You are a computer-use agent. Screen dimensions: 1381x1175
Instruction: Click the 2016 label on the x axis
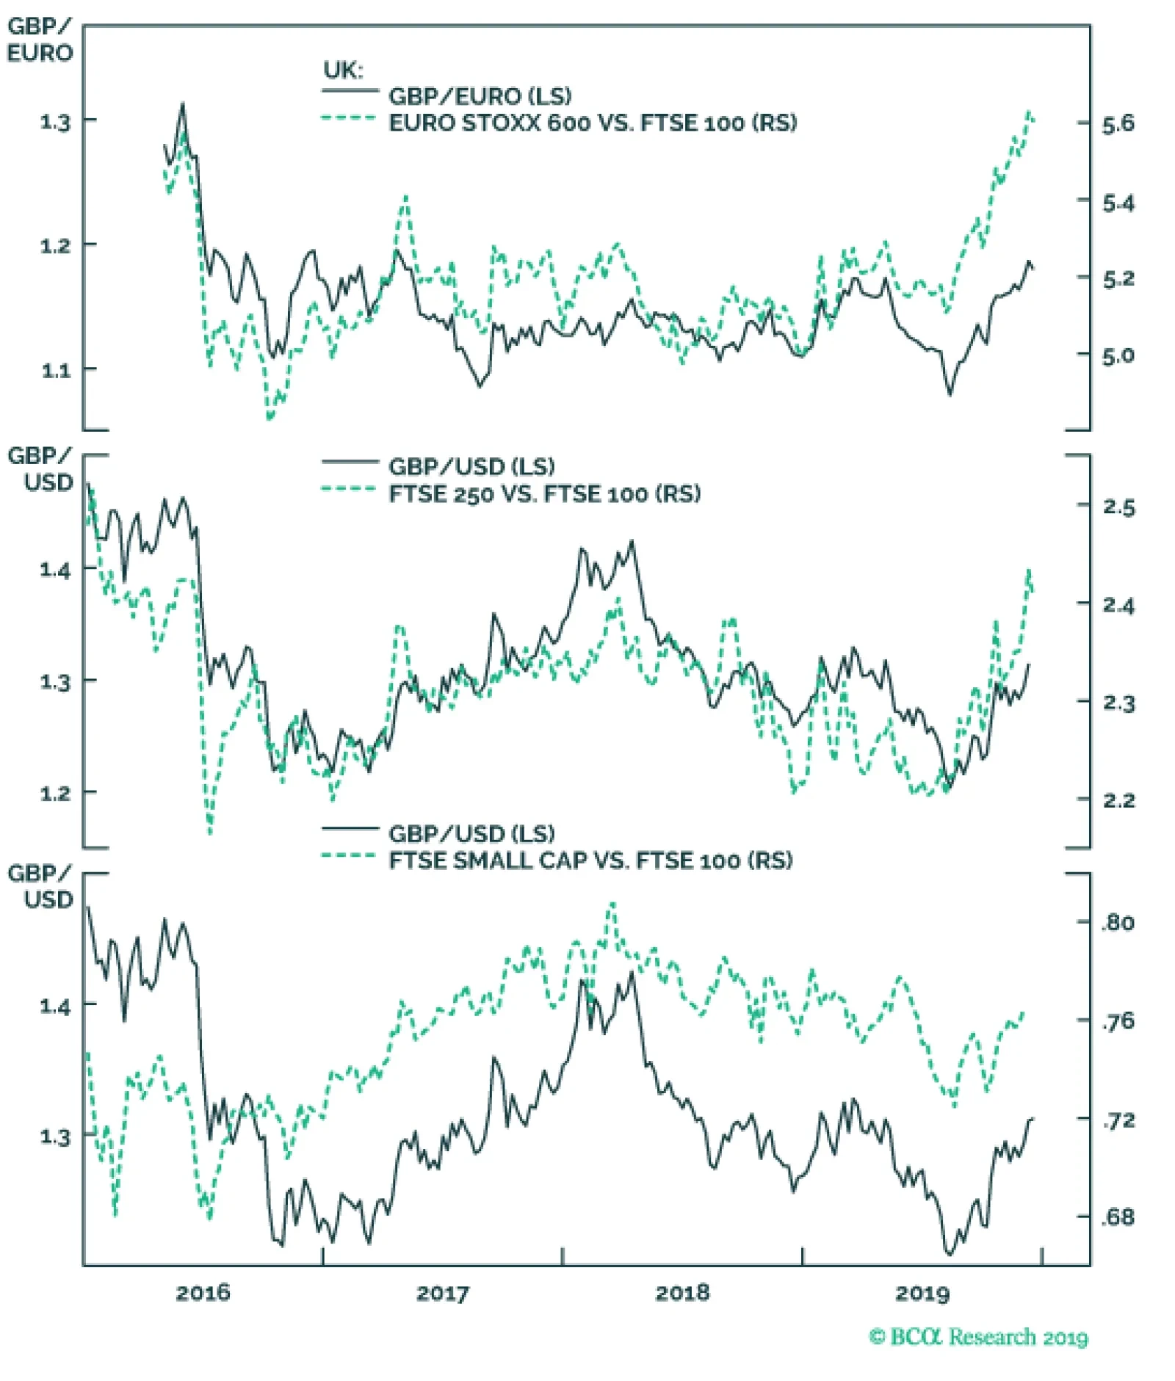pyautogui.click(x=203, y=1292)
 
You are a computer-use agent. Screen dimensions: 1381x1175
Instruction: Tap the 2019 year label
pyautogui.click(x=922, y=1292)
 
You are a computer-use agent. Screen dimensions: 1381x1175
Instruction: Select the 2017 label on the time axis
pyautogui.click(x=442, y=1292)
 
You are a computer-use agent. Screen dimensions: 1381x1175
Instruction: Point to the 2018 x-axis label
pyautogui.click(x=682, y=1292)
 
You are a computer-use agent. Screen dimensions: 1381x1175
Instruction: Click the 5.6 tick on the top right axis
pyautogui.click(x=1118, y=124)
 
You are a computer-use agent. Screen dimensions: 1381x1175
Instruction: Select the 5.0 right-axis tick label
pyautogui.click(x=1118, y=356)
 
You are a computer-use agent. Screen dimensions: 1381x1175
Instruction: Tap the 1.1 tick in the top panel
pyautogui.click(x=56, y=370)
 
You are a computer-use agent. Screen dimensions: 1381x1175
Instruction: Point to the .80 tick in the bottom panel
pyautogui.click(x=1118, y=922)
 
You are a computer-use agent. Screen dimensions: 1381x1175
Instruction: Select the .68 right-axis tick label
pyautogui.click(x=1118, y=1217)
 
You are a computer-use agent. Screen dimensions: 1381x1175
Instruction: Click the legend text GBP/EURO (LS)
pyautogui.click(x=480, y=96)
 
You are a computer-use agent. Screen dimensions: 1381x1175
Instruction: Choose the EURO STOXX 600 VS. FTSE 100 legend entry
pyautogui.click(x=592, y=123)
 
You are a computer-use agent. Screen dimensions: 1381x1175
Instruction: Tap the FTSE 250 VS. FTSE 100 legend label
pyautogui.click(x=544, y=493)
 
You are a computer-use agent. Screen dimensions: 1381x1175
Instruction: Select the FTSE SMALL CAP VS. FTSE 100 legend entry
pyautogui.click(x=590, y=860)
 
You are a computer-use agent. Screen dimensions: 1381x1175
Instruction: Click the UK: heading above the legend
pyautogui.click(x=343, y=70)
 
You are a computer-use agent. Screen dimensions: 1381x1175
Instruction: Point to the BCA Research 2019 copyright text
pyautogui.click(x=978, y=1337)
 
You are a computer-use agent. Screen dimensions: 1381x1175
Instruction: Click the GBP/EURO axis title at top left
pyautogui.click(x=40, y=40)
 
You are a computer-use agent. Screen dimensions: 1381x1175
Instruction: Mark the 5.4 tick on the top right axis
pyautogui.click(x=1118, y=203)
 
